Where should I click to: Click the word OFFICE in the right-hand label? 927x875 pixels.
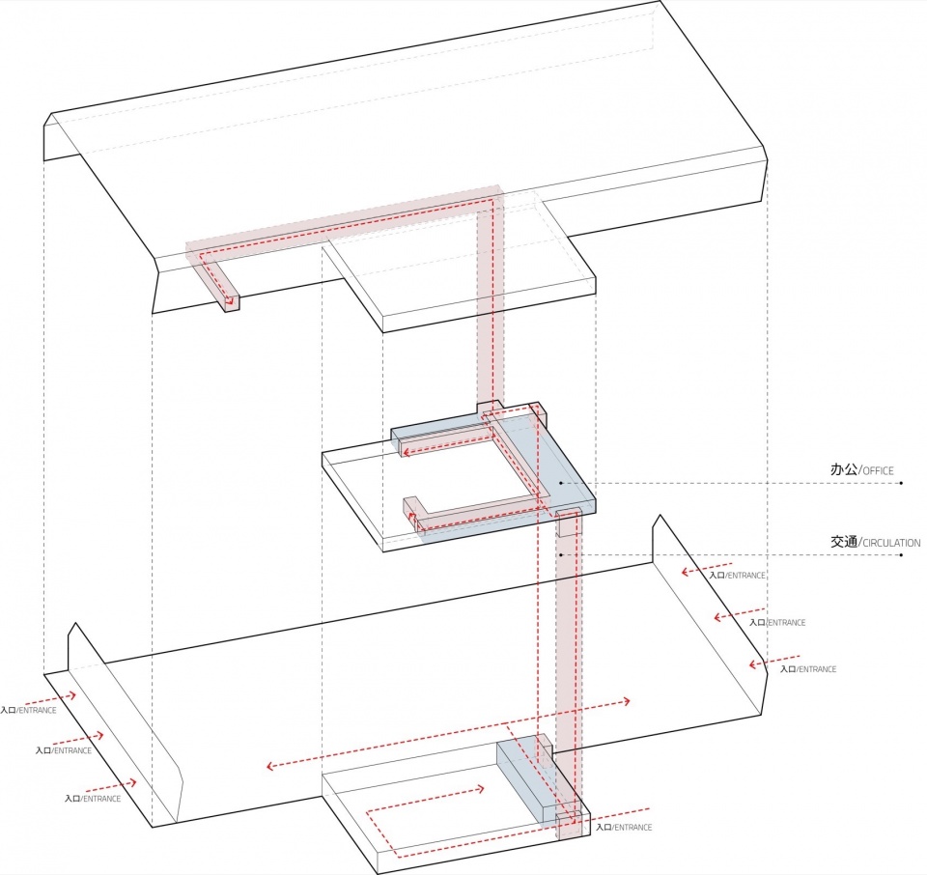point(878,471)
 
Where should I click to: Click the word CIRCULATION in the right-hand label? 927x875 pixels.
point(891,543)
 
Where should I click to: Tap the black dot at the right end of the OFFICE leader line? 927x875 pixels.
point(901,483)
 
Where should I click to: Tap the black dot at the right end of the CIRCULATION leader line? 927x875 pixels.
point(901,554)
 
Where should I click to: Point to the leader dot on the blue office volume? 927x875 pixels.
point(561,483)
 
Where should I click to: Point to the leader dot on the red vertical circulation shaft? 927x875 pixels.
point(560,554)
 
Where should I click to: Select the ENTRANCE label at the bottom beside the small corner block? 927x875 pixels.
point(624,827)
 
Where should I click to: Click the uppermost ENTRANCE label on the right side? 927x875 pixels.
point(737,576)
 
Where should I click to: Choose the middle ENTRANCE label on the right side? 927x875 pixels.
point(777,623)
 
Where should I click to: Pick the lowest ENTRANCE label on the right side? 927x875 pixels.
point(808,669)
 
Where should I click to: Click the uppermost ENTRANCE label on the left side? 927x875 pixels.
point(28,710)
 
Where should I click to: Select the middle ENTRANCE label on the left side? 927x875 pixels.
point(64,750)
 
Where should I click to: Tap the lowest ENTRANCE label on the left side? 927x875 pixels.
point(93,799)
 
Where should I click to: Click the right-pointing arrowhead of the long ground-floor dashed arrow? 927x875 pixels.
point(626,702)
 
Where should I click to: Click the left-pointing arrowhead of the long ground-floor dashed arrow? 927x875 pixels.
point(270,766)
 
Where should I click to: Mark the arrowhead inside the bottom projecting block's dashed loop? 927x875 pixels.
point(481,789)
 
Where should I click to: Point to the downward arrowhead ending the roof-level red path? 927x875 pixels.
point(232,305)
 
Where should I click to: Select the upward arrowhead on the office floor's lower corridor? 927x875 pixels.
point(412,517)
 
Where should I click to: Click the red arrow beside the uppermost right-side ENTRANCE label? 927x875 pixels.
point(707,568)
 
